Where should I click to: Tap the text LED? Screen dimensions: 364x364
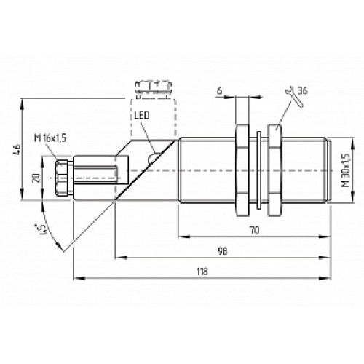pos(142,116)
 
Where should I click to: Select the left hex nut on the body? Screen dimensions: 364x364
pos(243,170)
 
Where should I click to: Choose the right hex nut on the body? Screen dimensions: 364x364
pos(277,170)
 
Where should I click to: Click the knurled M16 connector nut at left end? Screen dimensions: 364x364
pos(62,177)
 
